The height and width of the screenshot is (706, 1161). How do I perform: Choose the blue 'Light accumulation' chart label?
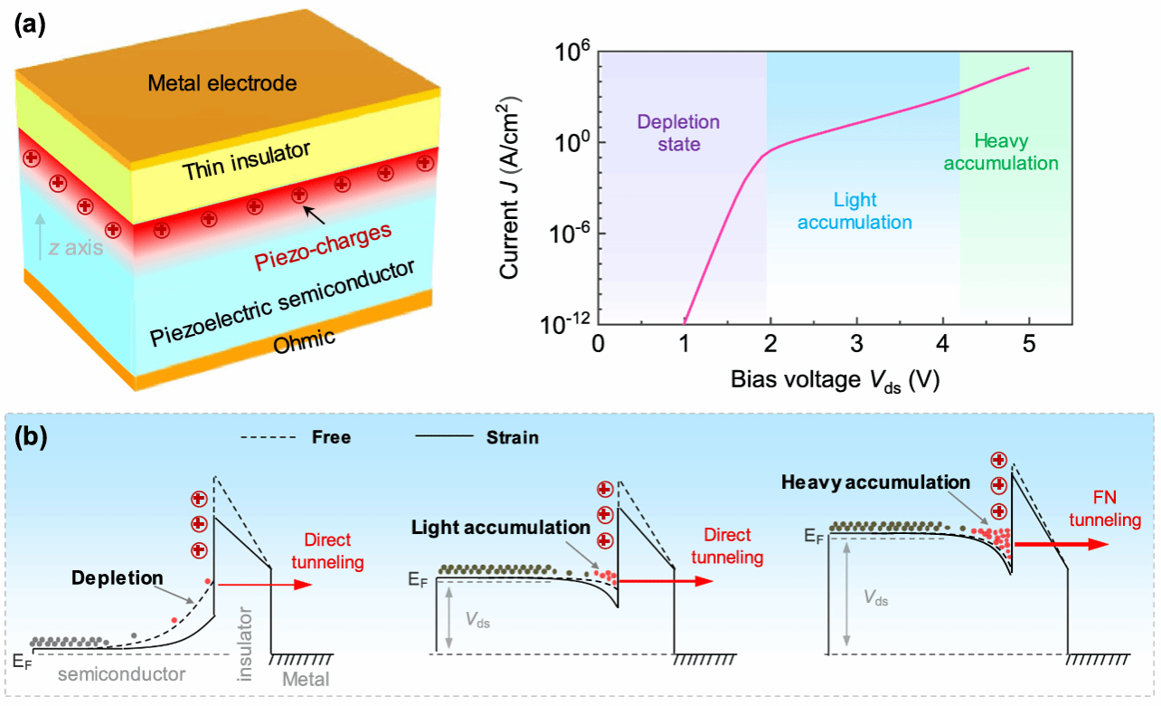[857, 210]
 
